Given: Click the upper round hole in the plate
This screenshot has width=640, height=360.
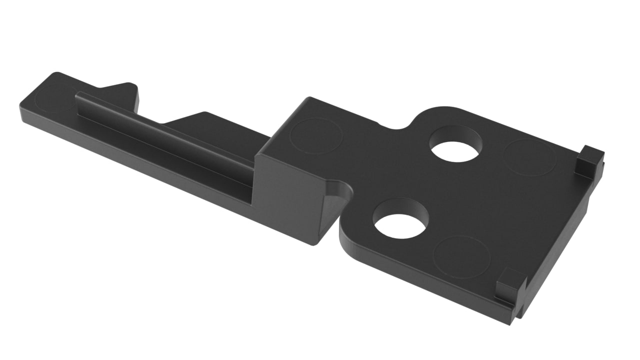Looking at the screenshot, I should [455, 150].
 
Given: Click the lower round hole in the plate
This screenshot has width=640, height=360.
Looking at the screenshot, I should [400, 225].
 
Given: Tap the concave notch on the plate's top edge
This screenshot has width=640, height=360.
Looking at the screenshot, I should [395, 126].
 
